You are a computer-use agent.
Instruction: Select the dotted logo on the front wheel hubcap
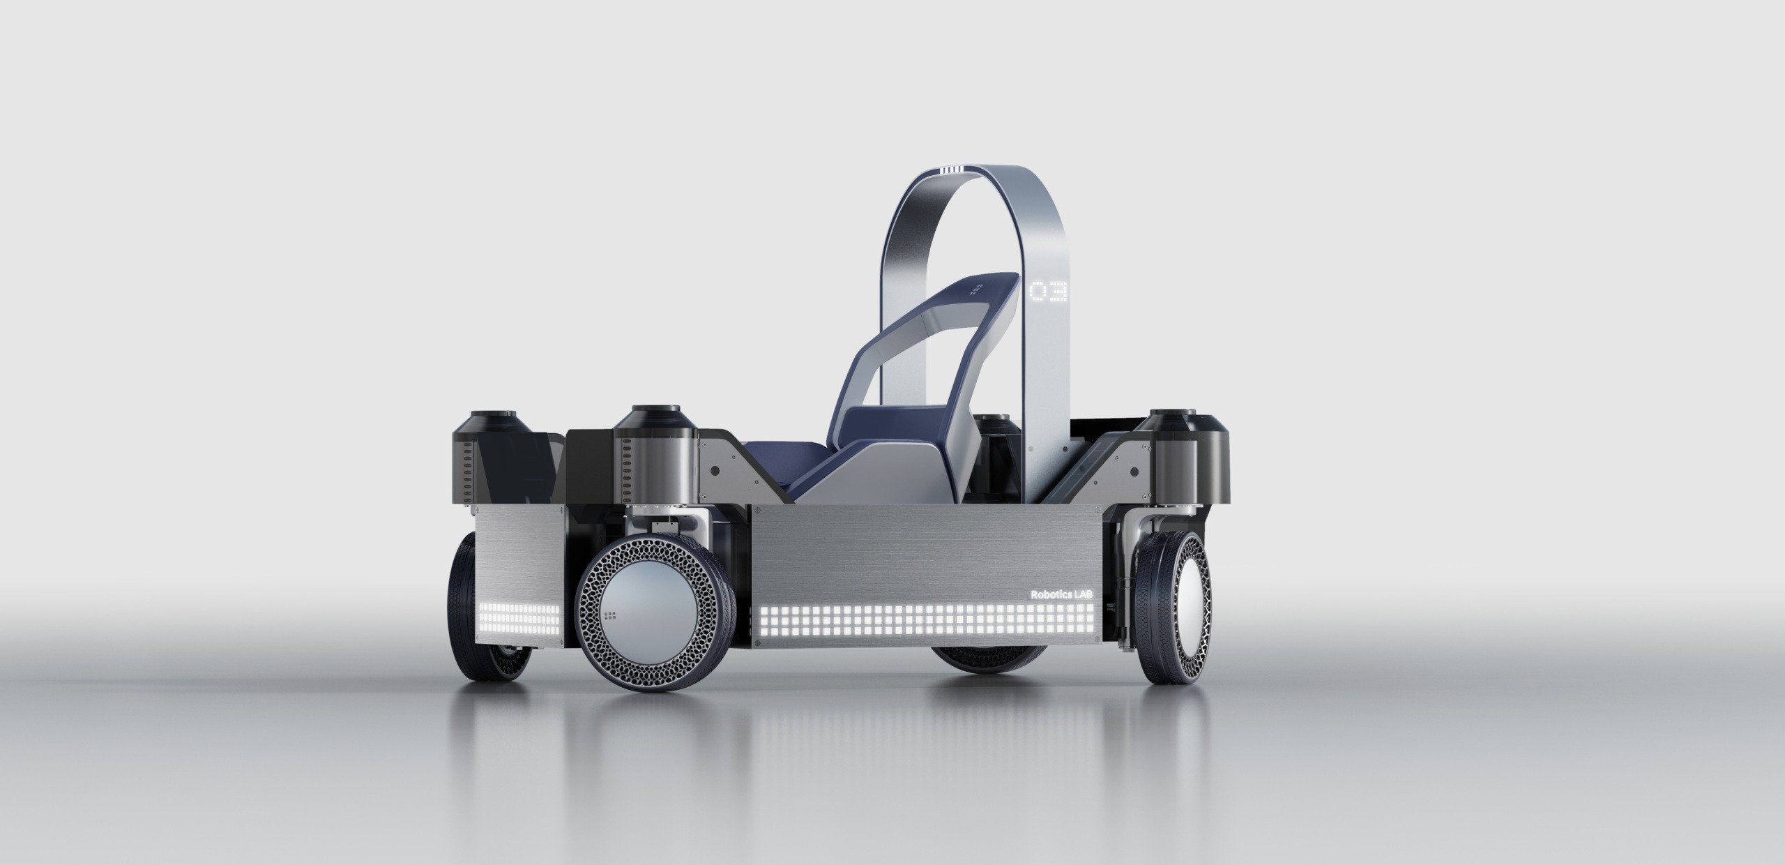tap(611, 615)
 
